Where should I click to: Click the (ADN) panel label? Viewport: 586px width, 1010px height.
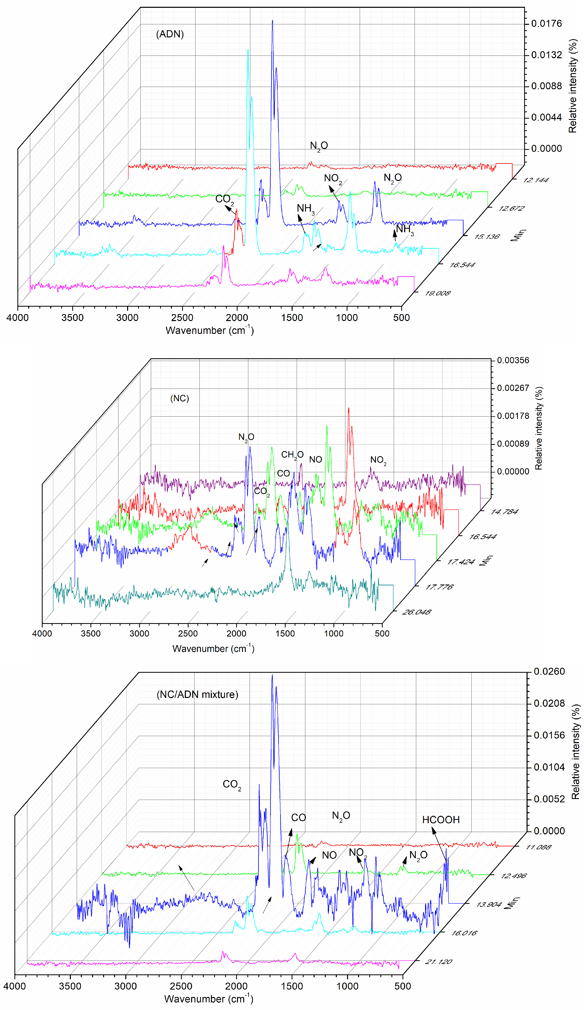[x=170, y=34]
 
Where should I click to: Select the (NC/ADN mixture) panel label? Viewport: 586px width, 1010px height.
[x=197, y=694]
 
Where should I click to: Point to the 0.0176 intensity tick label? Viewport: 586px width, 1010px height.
[x=546, y=24]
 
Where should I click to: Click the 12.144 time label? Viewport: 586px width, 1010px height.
[x=535, y=180]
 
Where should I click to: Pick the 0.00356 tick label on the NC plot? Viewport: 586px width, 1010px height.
[x=513, y=360]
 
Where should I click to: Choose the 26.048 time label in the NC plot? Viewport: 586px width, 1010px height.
[x=416, y=612]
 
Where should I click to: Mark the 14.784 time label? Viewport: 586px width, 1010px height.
[x=504, y=512]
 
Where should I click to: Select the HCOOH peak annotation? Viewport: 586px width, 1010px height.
[x=441, y=820]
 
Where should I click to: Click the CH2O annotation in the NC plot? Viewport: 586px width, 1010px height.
[x=292, y=454]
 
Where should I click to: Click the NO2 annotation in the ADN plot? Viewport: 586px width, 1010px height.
[x=333, y=178]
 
